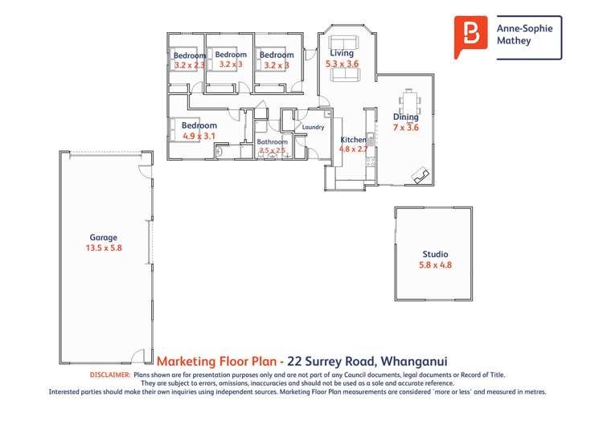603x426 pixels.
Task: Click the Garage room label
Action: pos(103,237)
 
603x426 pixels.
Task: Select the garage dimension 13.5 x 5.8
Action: pos(103,248)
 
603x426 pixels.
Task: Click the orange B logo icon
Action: pos(470,36)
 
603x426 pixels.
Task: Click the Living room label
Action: pos(342,52)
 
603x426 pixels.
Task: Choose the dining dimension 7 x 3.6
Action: pos(406,127)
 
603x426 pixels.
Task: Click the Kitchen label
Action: pos(352,139)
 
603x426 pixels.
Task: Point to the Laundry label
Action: pos(313,127)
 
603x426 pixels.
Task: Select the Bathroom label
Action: pos(272,141)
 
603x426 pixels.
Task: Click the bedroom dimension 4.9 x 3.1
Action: pos(199,136)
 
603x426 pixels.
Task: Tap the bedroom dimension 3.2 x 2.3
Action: pos(190,64)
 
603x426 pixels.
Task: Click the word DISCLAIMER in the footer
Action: pos(109,375)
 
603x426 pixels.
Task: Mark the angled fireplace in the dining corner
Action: pos(419,176)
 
